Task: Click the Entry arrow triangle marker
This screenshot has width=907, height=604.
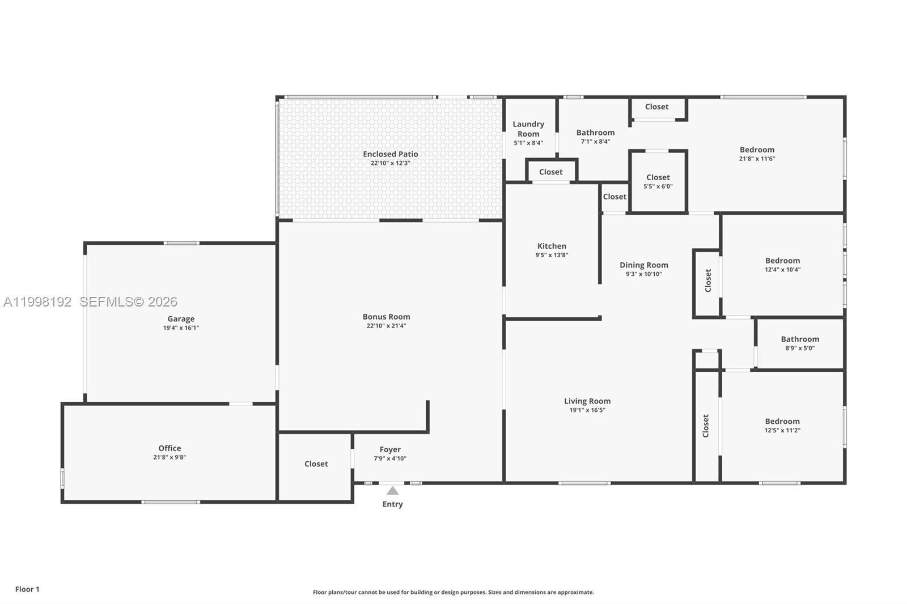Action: tap(392, 491)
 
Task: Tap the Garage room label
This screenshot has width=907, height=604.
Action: tap(181, 319)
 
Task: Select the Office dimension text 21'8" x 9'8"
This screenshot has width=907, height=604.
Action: tap(169, 457)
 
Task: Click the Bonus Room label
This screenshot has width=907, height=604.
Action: tap(386, 317)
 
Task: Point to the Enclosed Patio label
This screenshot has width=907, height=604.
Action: tap(391, 154)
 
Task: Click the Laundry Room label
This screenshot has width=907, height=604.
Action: tap(528, 129)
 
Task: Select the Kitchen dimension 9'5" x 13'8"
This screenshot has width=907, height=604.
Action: tap(552, 255)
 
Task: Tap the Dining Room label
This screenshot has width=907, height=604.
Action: tap(643, 265)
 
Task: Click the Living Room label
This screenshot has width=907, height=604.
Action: tap(587, 401)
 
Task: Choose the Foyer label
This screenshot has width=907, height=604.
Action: tap(390, 449)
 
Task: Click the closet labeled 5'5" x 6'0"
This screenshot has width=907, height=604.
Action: tap(658, 181)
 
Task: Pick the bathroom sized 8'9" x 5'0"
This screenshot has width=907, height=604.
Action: tap(800, 343)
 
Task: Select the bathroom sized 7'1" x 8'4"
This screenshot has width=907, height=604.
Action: tap(595, 137)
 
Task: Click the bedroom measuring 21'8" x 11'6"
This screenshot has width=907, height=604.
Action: tap(757, 154)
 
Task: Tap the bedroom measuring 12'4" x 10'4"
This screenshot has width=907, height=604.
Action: tap(782, 265)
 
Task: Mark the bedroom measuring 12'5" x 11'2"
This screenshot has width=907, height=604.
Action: tap(782, 425)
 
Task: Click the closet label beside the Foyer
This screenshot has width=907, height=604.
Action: tap(316, 464)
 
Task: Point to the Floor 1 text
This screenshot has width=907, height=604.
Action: tap(27, 589)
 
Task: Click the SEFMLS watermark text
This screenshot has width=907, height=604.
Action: tap(128, 302)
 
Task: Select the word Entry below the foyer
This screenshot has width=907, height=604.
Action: tap(392, 504)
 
